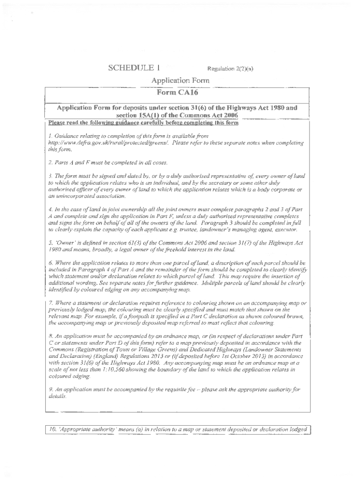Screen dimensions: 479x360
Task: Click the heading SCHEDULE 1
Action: point(131,68)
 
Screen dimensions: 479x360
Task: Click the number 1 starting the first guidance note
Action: point(50,136)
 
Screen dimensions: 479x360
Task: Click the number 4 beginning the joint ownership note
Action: point(50,210)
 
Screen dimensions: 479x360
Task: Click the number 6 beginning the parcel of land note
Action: point(50,263)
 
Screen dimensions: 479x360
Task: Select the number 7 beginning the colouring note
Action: point(50,304)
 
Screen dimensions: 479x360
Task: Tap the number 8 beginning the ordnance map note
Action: point(50,336)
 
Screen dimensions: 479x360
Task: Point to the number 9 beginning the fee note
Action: point(50,390)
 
